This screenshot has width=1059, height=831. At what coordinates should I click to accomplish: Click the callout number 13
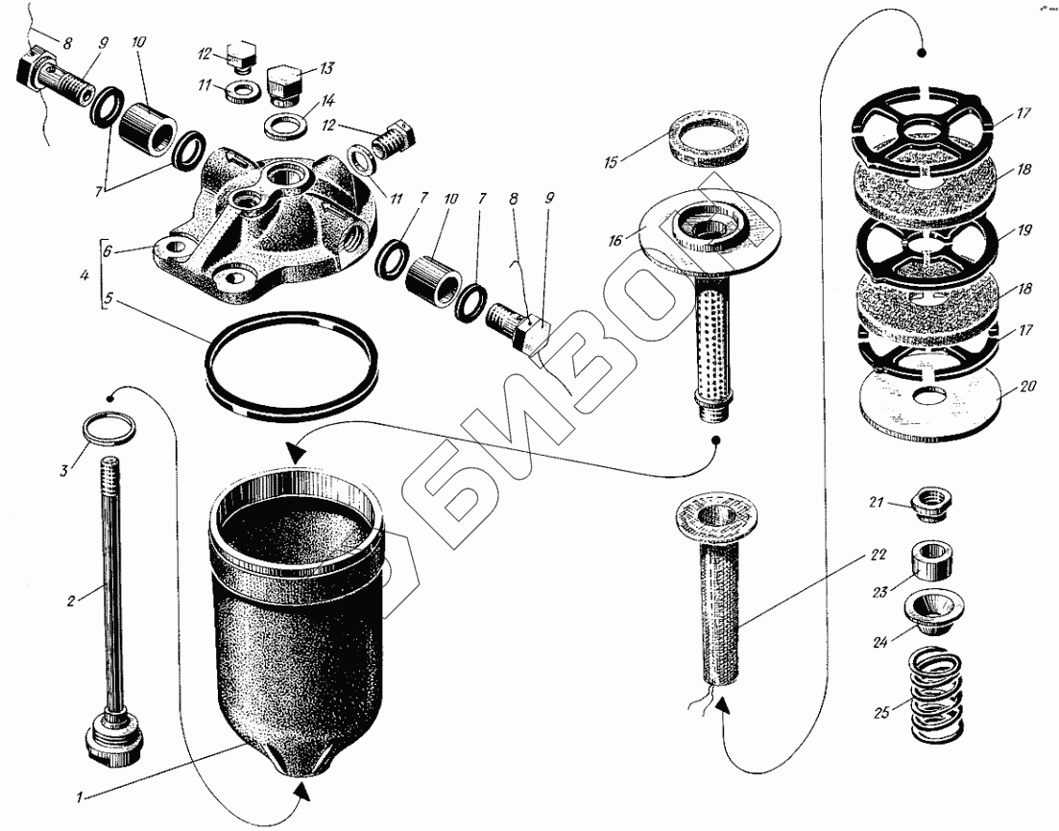click(x=327, y=68)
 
